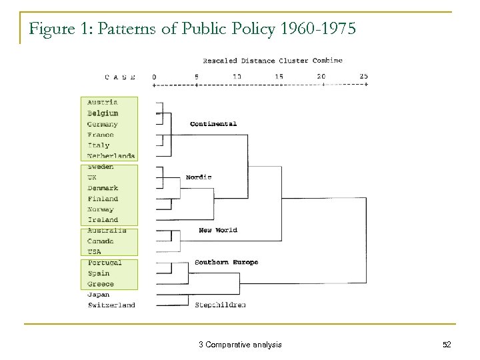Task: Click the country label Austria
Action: (103, 102)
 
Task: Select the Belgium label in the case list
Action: (103, 113)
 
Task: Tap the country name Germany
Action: (103, 124)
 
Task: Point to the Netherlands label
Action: (111, 156)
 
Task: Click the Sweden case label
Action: (101, 167)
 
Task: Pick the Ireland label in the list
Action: (103, 220)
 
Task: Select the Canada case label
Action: (101, 241)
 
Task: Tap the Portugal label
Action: (105, 263)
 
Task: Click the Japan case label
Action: (99, 295)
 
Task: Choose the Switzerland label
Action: (111, 305)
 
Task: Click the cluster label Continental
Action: (213, 124)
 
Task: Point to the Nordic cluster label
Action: (199, 177)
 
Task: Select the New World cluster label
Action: (218, 230)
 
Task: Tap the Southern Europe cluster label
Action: (226, 262)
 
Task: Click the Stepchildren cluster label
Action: (220, 305)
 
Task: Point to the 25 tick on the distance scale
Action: (363, 76)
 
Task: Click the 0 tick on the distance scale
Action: (154, 76)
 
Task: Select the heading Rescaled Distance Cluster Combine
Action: (272, 60)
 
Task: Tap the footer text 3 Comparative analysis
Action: (240, 344)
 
